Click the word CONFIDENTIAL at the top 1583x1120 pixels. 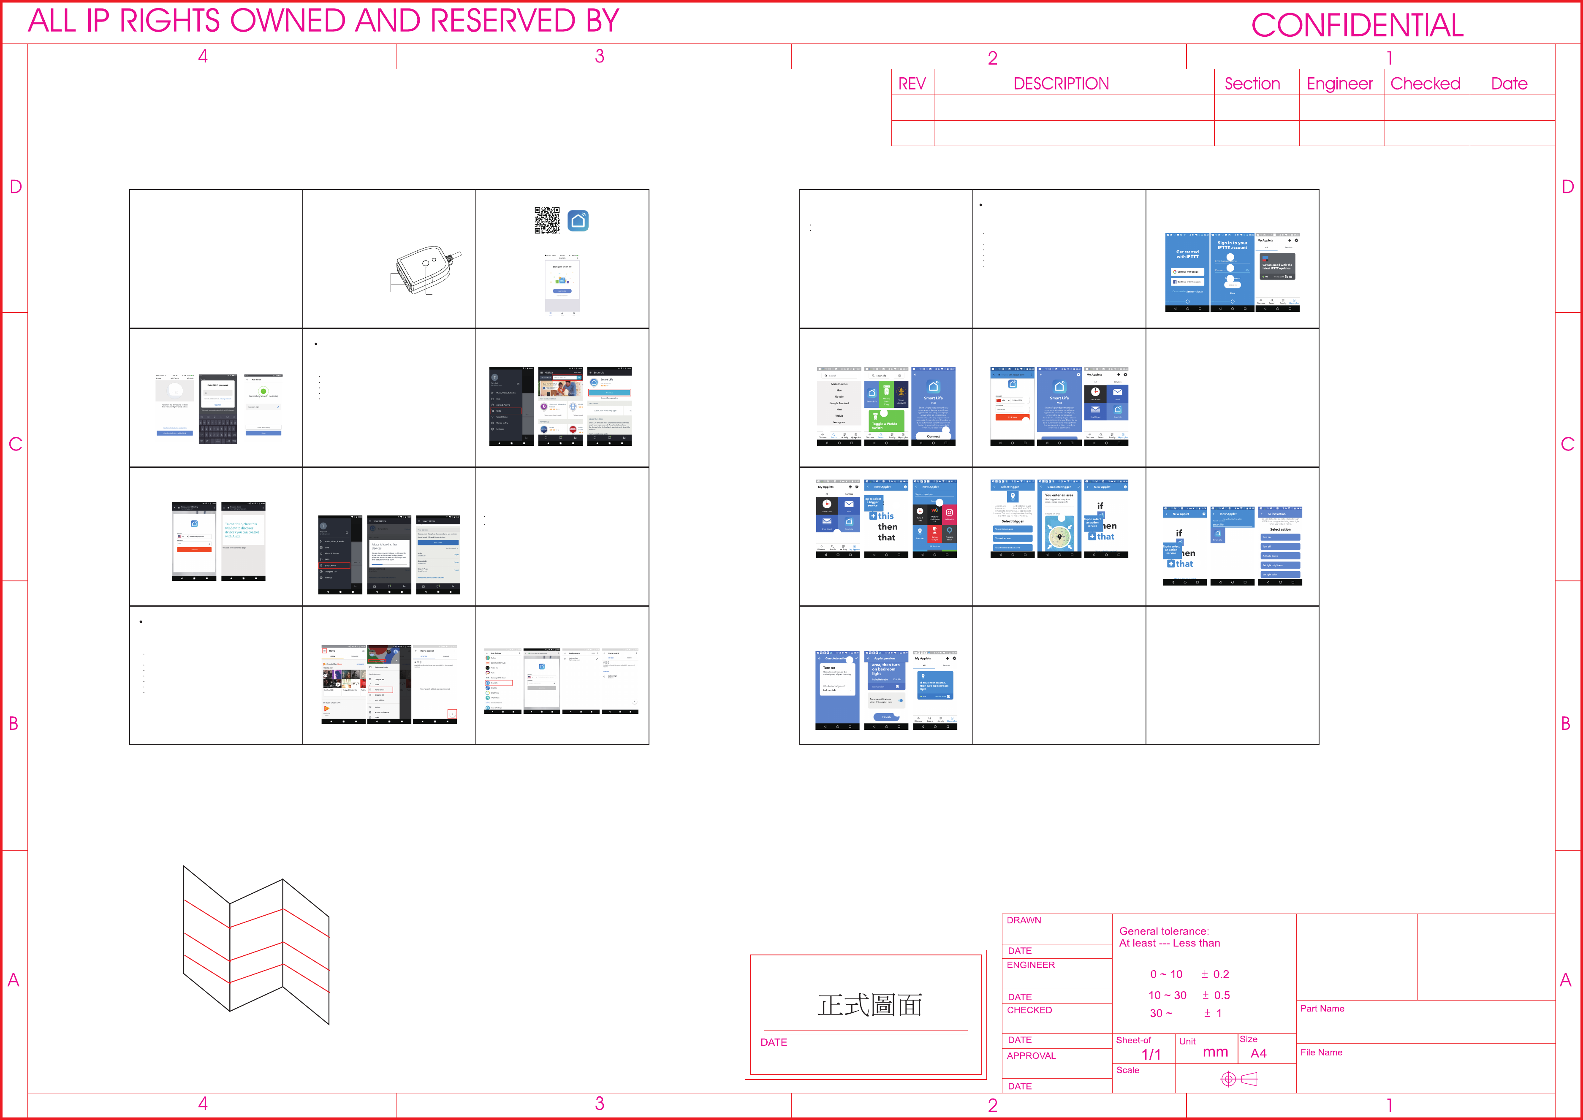click(x=1357, y=25)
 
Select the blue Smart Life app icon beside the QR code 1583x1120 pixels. click(x=578, y=221)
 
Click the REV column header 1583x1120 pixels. click(x=912, y=84)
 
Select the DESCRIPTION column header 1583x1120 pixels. click(x=1061, y=84)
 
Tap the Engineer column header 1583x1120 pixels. click(x=1339, y=84)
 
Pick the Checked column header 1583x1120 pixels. click(x=1425, y=84)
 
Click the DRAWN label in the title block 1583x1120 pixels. click(x=1024, y=920)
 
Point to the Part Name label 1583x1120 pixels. click(x=1322, y=1008)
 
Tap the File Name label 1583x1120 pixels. click(x=1321, y=1052)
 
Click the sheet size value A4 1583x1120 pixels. click(x=1258, y=1053)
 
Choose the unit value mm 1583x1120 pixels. click(x=1215, y=1052)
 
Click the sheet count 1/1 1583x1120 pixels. click(x=1151, y=1055)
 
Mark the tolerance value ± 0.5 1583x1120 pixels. click(x=1216, y=995)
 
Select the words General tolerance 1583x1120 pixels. click(x=1164, y=931)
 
